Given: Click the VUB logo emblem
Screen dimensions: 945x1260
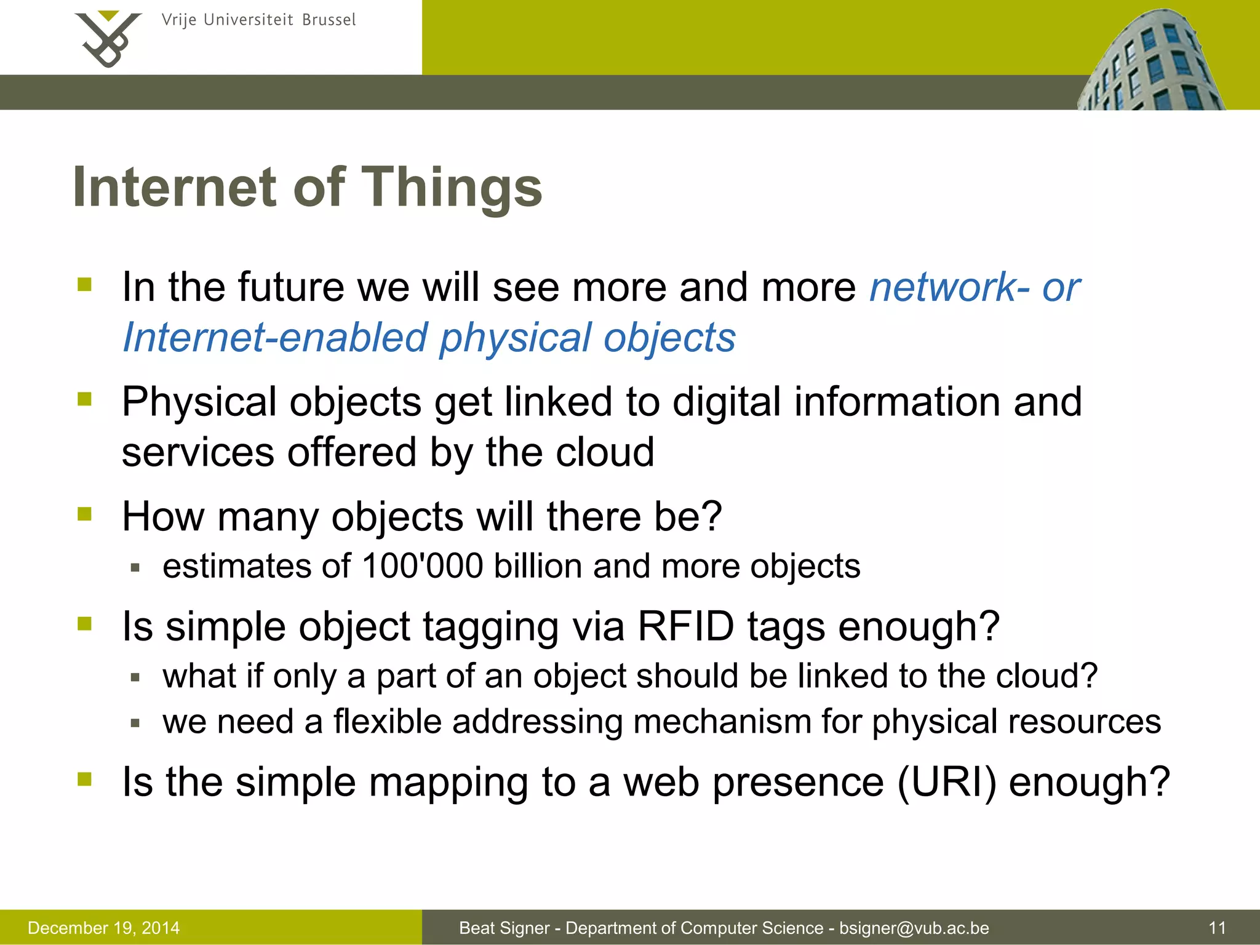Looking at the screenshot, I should [108, 38].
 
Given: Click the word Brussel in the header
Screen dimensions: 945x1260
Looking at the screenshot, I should [329, 20].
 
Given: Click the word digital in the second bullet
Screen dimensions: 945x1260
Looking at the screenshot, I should [727, 402].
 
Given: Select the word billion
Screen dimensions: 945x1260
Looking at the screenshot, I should [538, 566].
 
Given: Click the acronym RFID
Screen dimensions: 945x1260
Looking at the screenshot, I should [686, 627].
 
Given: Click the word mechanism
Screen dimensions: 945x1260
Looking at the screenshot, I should [722, 721].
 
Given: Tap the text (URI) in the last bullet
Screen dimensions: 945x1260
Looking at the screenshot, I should [946, 783].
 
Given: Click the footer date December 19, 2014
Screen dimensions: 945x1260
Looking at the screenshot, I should [103, 928].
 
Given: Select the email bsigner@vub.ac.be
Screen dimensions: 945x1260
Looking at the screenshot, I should [914, 928].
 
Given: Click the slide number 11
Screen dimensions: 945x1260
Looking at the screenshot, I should [1217, 928].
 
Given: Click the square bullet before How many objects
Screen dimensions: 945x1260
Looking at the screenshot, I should [84, 514].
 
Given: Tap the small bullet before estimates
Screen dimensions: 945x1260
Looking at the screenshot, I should [135, 567].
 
